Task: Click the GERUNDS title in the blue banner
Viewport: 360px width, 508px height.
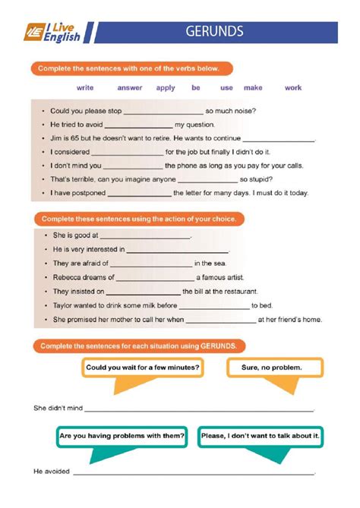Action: coord(214,31)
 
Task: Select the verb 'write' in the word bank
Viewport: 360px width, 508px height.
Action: coord(85,88)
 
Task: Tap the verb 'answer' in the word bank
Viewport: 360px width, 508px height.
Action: coord(130,88)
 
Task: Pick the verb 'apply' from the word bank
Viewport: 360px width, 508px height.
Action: coord(166,88)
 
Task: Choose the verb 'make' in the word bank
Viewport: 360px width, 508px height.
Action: coord(253,88)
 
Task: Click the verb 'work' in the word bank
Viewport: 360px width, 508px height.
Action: coord(293,88)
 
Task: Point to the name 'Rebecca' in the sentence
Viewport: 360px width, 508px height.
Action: coord(67,278)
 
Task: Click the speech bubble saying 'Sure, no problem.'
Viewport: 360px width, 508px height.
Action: coord(272,368)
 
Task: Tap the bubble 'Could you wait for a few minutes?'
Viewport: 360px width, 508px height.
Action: coord(143,368)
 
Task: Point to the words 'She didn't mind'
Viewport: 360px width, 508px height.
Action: coord(58,409)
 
